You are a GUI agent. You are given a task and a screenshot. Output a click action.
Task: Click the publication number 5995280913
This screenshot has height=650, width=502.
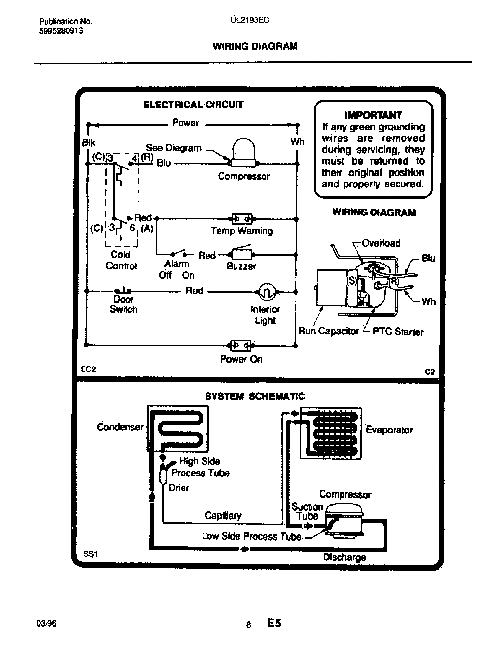[x=61, y=31]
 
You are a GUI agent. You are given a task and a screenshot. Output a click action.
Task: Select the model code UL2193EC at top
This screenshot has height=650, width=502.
[x=250, y=20]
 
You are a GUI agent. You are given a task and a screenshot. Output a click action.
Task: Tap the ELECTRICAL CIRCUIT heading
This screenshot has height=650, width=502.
[x=193, y=105]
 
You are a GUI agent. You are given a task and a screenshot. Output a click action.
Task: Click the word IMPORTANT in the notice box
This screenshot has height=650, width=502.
[x=373, y=115]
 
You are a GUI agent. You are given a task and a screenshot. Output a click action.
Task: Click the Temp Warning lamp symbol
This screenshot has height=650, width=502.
[x=242, y=219]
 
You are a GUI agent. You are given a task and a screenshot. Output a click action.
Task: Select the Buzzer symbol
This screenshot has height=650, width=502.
[x=242, y=254]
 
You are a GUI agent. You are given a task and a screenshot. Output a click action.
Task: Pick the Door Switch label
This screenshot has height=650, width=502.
[x=124, y=304]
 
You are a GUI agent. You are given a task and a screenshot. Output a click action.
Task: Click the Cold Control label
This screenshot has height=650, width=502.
[x=121, y=260]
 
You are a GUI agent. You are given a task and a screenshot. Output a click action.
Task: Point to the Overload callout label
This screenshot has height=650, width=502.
[x=381, y=243]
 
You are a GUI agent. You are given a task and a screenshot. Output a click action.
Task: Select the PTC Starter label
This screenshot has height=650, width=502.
[x=398, y=331]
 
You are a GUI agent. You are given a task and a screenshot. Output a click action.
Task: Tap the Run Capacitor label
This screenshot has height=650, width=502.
[x=329, y=331]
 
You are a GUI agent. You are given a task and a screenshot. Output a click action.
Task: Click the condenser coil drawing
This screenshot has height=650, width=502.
[x=177, y=429]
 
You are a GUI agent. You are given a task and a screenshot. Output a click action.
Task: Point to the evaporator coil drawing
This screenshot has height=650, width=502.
[x=331, y=433]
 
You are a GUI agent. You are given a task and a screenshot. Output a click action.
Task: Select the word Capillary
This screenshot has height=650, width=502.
[x=223, y=516]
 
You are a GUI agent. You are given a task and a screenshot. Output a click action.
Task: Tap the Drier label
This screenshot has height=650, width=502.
[x=178, y=488]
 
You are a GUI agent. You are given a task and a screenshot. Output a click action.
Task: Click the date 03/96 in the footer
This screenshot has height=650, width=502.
[x=46, y=623]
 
